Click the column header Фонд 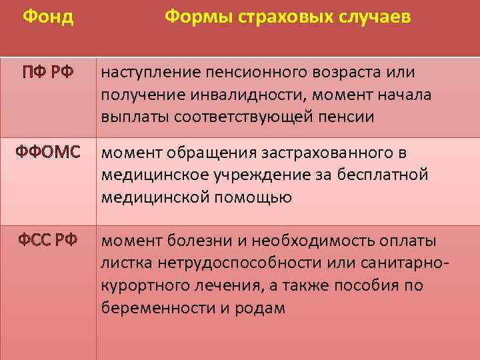(48, 17)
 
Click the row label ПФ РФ (45, 71)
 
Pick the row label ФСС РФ (47, 240)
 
